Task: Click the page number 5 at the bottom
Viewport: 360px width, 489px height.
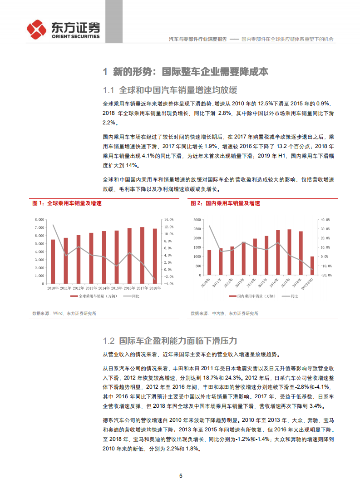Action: (x=181, y=476)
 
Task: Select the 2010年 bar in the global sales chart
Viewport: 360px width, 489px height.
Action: (x=53, y=262)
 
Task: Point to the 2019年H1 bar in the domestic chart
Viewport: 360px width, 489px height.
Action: (x=312, y=266)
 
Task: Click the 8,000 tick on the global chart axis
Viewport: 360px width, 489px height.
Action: (x=39, y=220)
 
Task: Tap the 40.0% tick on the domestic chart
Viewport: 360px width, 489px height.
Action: (x=325, y=220)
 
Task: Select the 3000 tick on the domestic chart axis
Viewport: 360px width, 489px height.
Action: (x=197, y=220)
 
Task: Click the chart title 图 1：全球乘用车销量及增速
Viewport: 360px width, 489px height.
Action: (x=67, y=203)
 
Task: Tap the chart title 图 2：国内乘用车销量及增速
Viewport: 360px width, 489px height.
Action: (x=226, y=203)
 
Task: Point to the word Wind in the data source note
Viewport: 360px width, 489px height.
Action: (x=58, y=313)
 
